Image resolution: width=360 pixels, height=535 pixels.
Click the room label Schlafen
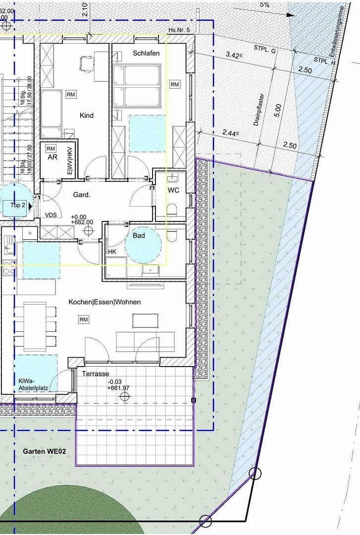tap(146, 53)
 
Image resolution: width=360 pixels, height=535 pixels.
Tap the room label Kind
tap(87, 115)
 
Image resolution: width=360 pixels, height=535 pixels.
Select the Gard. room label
tap(82, 195)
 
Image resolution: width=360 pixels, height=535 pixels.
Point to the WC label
tap(173, 190)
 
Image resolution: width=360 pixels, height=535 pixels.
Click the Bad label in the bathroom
tap(139, 236)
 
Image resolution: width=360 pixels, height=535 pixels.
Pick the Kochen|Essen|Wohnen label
tap(105, 302)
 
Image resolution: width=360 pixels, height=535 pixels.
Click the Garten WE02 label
tap(45, 451)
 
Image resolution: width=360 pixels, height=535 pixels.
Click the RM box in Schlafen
tap(175, 85)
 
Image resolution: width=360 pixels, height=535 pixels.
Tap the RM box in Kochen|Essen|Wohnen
tap(84, 320)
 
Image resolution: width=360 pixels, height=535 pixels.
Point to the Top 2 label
tap(18, 205)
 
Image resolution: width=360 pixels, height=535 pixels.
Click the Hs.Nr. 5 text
tap(179, 30)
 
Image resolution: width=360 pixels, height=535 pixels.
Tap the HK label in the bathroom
tap(112, 252)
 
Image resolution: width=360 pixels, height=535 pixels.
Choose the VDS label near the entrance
tap(51, 215)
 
